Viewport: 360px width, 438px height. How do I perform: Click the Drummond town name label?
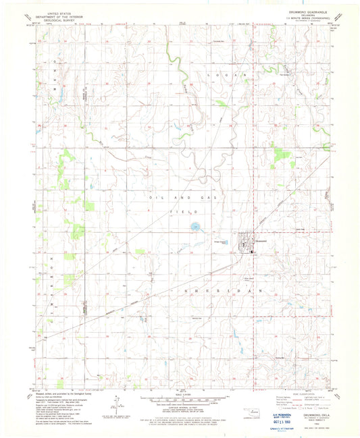point(261,241)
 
